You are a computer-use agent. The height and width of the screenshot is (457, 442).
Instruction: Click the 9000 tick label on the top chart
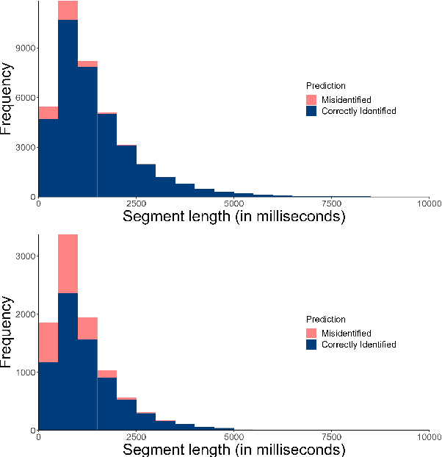[27, 48]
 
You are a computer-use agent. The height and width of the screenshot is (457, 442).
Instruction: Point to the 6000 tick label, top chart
[27, 98]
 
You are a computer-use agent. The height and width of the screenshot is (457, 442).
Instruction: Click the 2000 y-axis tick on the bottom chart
[27, 314]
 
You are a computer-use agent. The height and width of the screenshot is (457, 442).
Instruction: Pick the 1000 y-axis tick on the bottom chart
[27, 373]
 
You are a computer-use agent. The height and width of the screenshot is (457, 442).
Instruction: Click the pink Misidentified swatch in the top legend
[312, 100]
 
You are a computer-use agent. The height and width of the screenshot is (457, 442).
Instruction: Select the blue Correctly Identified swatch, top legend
[312, 111]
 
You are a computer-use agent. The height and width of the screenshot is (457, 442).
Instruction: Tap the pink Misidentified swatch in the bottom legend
[312, 334]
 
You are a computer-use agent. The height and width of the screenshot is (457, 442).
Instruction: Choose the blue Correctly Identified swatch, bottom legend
[312, 345]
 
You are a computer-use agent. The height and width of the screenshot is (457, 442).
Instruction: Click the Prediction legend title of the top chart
[326, 86]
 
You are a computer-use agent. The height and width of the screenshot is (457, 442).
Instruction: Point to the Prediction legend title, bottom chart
[326, 320]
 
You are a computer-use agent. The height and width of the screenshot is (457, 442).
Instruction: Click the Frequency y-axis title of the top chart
[8, 99]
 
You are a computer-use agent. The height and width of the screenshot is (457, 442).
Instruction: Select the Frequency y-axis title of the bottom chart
[8, 332]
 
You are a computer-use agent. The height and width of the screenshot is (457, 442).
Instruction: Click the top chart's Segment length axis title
[233, 217]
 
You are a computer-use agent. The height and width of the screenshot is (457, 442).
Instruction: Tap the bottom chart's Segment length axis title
[233, 449]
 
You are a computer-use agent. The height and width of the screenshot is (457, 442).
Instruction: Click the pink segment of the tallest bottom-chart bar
[68, 264]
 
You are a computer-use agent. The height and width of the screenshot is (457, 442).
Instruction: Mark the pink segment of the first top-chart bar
[48, 112]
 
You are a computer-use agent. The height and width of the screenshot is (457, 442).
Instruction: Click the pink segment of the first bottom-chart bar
[48, 339]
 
